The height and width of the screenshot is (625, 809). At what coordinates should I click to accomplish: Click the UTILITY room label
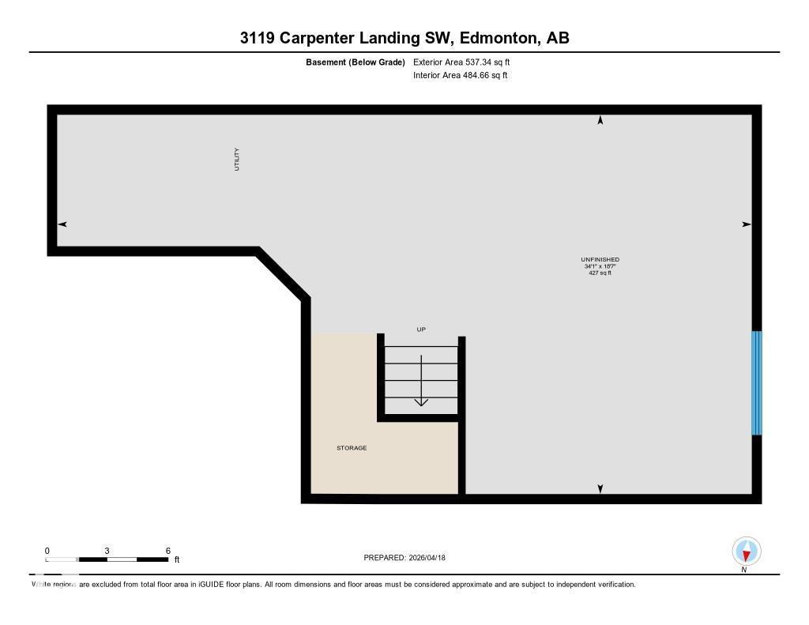(x=236, y=160)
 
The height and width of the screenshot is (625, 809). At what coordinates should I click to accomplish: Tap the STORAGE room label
(x=352, y=448)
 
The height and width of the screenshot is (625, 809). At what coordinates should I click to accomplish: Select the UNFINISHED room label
(x=600, y=259)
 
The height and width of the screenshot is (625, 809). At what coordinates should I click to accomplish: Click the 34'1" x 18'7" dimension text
(x=600, y=266)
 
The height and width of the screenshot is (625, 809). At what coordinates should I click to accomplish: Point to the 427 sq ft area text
(x=600, y=273)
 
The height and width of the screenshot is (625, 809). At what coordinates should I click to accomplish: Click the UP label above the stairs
(x=421, y=329)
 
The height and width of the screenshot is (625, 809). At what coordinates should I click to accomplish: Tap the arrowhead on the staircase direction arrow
(x=421, y=401)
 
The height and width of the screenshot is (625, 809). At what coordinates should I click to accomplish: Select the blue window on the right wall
(x=756, y=382)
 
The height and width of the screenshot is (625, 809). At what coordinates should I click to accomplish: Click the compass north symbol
(x=747, y=552)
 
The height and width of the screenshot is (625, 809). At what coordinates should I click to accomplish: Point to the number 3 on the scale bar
(x=107, y=551)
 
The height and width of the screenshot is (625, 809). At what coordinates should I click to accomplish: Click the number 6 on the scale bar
(x=168, y=551)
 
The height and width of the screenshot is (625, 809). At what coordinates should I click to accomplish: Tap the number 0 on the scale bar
(x=47, y=551)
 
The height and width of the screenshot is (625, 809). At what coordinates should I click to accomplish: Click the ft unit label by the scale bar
(x=177, y=559)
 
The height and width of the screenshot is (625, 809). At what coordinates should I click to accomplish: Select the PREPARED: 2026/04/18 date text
(x=404, y=558)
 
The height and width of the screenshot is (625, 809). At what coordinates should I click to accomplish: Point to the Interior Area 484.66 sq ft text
(x=460, y=76)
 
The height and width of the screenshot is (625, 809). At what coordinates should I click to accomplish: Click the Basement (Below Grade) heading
(x=355, y=62)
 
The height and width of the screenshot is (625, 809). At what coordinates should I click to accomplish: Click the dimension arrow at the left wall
(x=62, y=224)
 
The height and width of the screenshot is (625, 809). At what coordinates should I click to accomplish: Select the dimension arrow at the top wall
(x=600, y=120)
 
